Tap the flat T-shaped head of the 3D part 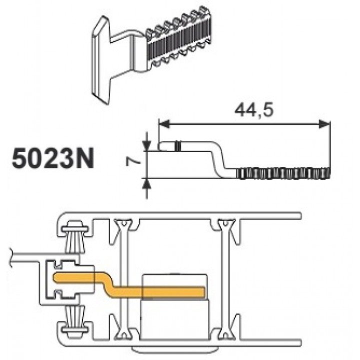click(x=101, y=60)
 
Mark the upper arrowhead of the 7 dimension click(x=146, y=139)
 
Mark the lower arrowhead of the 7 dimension click(x=146, y=182)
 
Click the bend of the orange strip click(x=106, y=283)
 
